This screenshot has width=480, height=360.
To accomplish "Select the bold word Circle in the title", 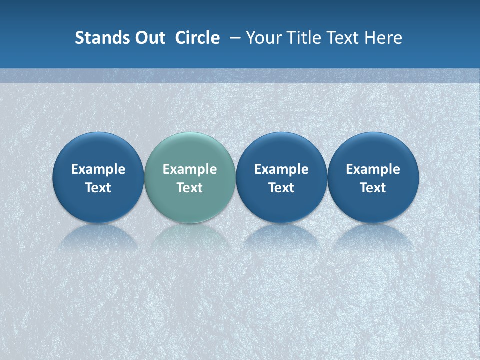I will (197, 38).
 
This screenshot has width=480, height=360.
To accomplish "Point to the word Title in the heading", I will (306, 38).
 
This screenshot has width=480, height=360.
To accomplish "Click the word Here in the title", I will (383, 38).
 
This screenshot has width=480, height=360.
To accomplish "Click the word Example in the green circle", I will (190, 169).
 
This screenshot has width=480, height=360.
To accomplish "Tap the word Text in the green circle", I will (190, 188).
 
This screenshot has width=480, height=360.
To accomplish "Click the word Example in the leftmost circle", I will (98, 169).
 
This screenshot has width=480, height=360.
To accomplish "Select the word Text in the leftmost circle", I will (98, 188).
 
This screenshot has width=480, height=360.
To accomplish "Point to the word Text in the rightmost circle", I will (373, 188).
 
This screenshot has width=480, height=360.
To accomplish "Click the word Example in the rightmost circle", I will (373, 169).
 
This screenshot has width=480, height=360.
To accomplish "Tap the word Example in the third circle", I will (281, 169).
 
